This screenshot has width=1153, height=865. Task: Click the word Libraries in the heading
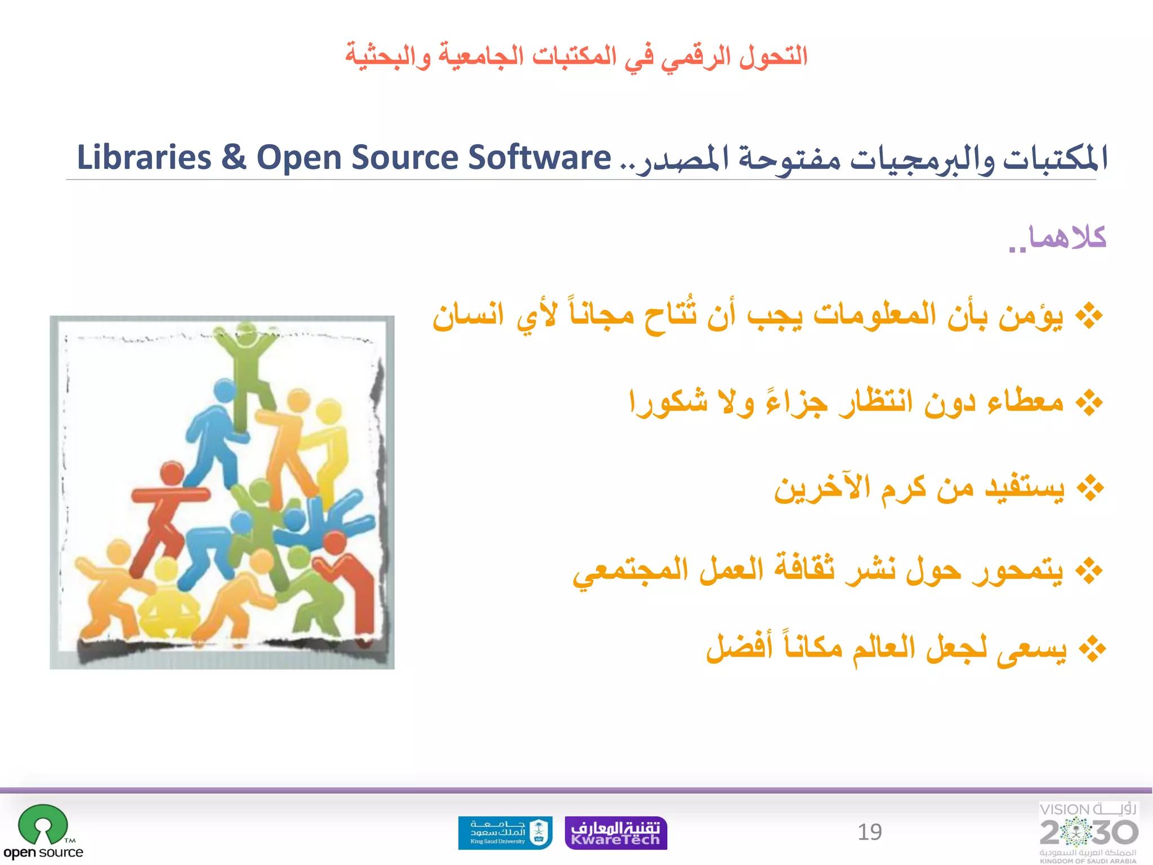(x=144, y=157)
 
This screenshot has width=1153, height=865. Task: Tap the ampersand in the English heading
(x=234, y=157)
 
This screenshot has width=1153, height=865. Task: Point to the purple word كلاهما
(x=1067, y=238)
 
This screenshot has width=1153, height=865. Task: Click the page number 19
(x=869, y=832)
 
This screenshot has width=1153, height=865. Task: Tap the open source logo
(x=43, y=832)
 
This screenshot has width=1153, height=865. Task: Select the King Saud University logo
(x=505, y=832)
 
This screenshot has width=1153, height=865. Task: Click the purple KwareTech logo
(x=615, y=833)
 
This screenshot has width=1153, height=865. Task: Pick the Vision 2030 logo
(x=1088, y=832)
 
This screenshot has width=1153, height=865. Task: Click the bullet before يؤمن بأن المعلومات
(x=1089, y=316)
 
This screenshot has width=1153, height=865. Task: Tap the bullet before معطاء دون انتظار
(x=1089, y=402)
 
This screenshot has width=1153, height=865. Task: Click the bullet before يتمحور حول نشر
(x=1089, y=572)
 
